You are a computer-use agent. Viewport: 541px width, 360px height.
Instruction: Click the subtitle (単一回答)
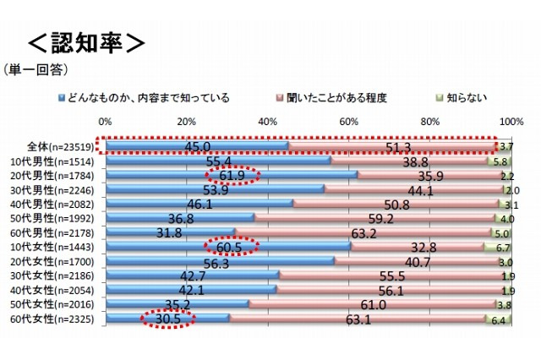coord(36,68)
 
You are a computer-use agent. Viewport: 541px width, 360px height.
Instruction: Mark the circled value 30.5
coord(166,319)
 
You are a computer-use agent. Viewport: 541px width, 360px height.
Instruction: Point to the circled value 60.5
coord(232,248)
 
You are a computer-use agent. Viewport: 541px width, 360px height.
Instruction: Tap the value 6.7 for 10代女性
coord(500,248)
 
